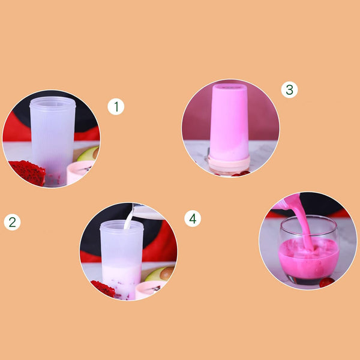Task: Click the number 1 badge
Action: coord(116,107)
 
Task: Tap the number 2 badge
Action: coord(12,222)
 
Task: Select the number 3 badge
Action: coord(290,90)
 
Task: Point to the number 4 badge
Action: coord(193,218)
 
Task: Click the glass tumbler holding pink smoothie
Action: coord(309,250)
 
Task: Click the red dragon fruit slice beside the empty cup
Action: coord(28,172)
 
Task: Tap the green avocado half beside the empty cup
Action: coord(88,154)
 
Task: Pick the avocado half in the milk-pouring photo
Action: coord(160,274)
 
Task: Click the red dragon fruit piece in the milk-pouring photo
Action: coord(103,289)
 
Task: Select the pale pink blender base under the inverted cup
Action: coord(229,164)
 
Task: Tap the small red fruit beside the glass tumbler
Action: coord(327,283)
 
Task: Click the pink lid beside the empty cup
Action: coord(79,172)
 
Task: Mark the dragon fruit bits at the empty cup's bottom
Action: coord(54,179)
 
